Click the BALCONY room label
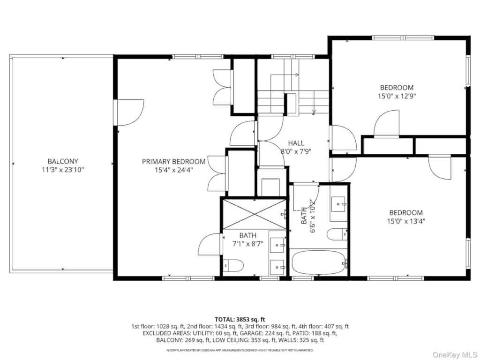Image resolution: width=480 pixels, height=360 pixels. (63, 161)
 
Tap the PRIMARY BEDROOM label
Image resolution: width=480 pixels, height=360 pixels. (173, 161)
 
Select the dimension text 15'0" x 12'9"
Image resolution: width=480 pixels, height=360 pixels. (397, 96)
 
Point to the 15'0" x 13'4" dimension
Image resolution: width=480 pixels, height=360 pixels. (406, 221)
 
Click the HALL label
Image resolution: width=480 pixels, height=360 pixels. (296, 143)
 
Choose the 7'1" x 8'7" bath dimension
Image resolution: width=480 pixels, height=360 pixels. (247, 244)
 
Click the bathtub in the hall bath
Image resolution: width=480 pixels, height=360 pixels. (319, 263)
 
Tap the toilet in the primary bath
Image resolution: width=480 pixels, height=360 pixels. (233, 265)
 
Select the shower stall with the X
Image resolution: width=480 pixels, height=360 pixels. (255, 214)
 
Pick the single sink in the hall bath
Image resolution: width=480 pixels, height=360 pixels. (338, 204)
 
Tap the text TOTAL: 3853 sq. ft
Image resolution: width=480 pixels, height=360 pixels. (240, 320)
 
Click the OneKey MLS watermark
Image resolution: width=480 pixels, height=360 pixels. (454, 354)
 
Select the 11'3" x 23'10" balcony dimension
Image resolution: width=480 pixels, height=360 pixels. (63, 170)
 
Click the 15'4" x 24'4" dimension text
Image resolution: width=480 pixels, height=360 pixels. (173, 170)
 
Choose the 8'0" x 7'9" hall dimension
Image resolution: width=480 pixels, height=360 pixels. (296, 151)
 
